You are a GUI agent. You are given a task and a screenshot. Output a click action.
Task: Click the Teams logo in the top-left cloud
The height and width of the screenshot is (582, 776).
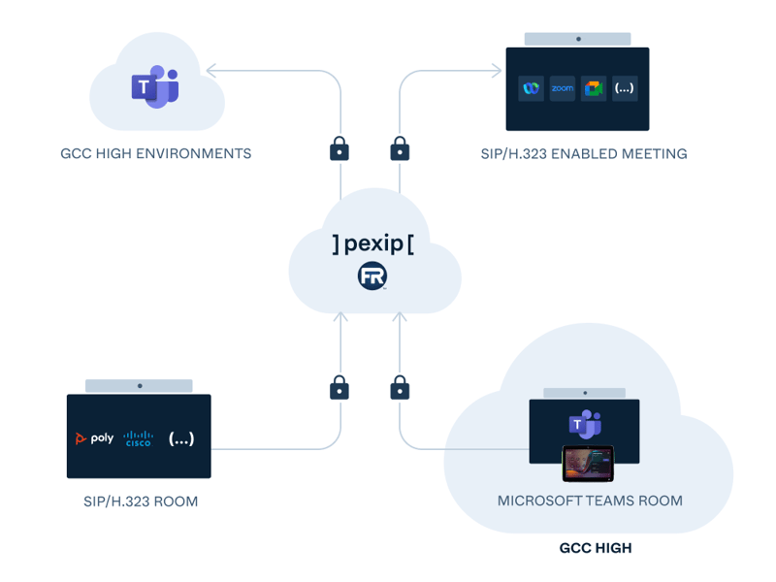156,86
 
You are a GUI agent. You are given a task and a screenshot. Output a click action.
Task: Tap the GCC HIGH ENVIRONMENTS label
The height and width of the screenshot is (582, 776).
156,153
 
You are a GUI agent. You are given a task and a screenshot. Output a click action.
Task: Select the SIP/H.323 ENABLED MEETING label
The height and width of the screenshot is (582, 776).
584,153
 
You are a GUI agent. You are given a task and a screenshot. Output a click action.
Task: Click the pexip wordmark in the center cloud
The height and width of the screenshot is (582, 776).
373,243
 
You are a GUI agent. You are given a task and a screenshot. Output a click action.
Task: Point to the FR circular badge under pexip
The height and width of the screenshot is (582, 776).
372,278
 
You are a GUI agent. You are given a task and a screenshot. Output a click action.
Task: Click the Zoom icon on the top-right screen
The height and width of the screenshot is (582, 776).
563,88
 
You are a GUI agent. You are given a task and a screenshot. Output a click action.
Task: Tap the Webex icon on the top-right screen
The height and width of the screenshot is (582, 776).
531,88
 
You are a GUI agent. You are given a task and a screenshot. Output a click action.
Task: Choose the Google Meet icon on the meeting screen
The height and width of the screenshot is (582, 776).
593,88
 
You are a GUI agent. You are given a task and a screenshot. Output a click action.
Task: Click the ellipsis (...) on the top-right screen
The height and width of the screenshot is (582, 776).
625,88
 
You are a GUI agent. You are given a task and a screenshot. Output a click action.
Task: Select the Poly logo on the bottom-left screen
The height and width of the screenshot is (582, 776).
94,438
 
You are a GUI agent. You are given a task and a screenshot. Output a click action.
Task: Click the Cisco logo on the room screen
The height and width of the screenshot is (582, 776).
139,438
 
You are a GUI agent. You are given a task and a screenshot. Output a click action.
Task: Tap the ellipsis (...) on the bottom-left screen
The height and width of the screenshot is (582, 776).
181,438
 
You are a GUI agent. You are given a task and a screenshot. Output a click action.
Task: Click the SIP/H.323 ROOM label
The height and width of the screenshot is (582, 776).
142,501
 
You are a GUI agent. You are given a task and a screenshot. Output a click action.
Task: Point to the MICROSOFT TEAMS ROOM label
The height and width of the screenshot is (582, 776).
590,501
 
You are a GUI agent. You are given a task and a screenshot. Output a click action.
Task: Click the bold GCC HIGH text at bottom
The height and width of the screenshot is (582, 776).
596,548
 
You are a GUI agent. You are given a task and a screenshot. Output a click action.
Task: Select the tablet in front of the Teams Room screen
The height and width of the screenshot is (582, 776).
589,464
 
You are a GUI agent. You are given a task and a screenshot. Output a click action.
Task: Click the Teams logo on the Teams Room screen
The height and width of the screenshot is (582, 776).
584,425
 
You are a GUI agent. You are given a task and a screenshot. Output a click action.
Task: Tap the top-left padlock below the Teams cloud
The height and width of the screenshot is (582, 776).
339,148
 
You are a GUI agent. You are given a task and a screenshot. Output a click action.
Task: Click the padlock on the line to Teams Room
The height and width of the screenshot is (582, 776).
400,388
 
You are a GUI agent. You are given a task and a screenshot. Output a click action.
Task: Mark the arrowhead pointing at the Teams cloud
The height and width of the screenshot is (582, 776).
212,70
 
